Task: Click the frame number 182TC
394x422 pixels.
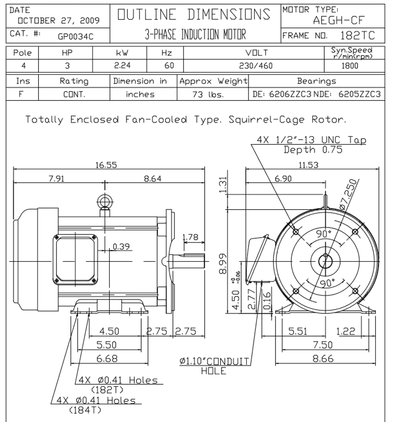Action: tap(357, 35)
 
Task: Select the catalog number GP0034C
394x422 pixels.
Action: tap(75, 37)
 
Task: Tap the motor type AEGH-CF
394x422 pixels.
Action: tap(339, 20)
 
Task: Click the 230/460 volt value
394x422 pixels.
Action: tap(256, 66)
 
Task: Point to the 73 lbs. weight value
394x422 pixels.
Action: tap(208, 95)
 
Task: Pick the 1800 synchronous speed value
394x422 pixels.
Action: tap(350, 66)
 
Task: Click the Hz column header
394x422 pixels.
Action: tap(166, 53)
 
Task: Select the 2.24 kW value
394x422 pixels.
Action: tap(122, 66)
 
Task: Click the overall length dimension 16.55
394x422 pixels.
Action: tap(106, 165)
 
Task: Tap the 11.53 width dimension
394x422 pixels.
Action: tap(308, 165)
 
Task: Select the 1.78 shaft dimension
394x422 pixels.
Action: tap(190, 237)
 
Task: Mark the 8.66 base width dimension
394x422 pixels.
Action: tap(323, 358)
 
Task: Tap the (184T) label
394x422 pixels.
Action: tap(85, 410)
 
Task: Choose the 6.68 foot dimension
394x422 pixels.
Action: tap(107, 358)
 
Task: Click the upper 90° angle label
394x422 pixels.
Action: tap(324, 234)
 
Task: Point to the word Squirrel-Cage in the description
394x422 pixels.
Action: tap(267, 120)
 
